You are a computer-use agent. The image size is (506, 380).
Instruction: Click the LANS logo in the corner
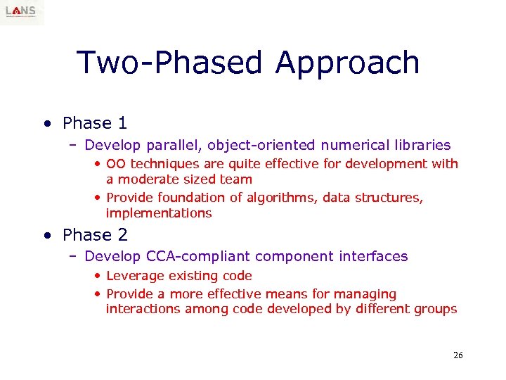21,12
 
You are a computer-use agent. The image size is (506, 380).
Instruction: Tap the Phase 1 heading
95,123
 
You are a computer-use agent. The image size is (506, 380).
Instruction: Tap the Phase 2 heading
95,234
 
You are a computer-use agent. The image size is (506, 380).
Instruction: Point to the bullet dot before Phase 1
46,125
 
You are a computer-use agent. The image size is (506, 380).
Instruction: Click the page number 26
458,355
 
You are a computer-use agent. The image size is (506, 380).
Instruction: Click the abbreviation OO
116,164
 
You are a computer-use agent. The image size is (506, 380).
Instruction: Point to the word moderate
145,179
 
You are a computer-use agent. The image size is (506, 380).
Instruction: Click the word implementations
159,213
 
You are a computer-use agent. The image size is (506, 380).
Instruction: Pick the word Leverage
134,276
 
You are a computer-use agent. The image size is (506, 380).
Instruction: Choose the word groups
436,309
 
